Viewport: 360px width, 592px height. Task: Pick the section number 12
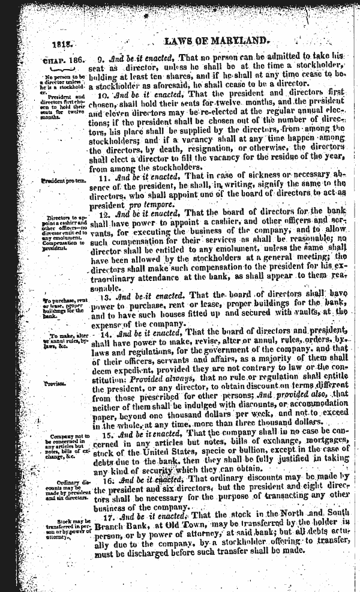(x=101, y=213)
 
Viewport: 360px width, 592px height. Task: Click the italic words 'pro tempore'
(x=149, y=204)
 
